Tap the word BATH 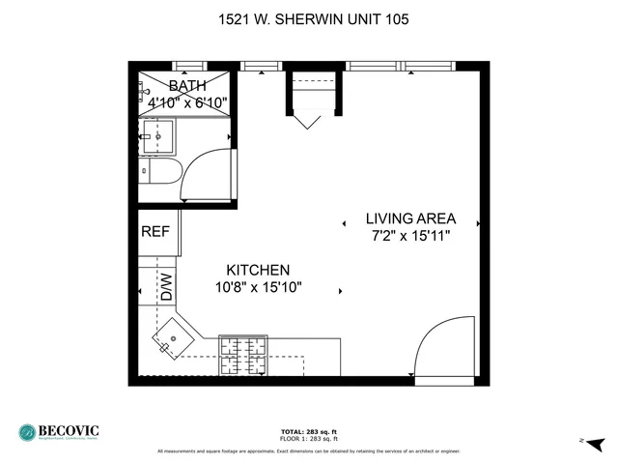(186, 86)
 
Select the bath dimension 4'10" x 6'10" (186, 101)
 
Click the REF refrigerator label (155, 232)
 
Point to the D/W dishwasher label (166, 286)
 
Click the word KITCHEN (258, 270)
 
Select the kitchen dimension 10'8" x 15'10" (258, 286)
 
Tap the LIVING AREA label (410, 218)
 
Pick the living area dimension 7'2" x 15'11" (410, 235)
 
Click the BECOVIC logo (60, 432)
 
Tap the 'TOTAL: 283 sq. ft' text (309, 431)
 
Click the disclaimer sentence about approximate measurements (309, 451)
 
